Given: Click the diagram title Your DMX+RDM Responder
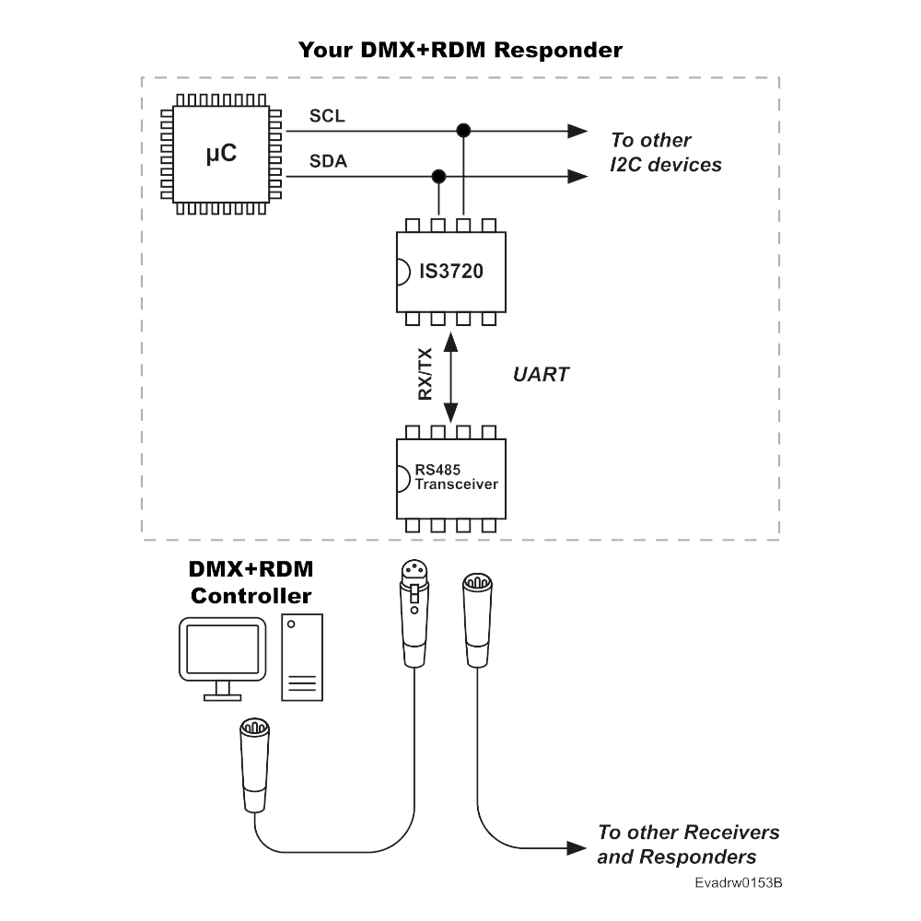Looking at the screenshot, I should point(460,50).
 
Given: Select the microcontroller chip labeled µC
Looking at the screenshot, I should point(222,155).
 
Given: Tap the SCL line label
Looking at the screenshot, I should point(327,117).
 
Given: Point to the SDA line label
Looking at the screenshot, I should point(328,162).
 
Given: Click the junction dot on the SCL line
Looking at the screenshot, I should point(463,131).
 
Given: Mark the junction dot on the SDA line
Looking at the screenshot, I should point(439,175).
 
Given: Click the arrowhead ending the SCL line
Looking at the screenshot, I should point(577,131).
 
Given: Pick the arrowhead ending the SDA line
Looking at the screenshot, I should point(577,175).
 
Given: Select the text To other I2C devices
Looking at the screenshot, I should point(665,153).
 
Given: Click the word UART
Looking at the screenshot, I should point(541,375).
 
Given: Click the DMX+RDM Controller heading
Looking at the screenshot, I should point(251,582).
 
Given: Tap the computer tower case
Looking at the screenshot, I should point(302,658).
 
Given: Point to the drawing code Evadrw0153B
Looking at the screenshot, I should point(739,883).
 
